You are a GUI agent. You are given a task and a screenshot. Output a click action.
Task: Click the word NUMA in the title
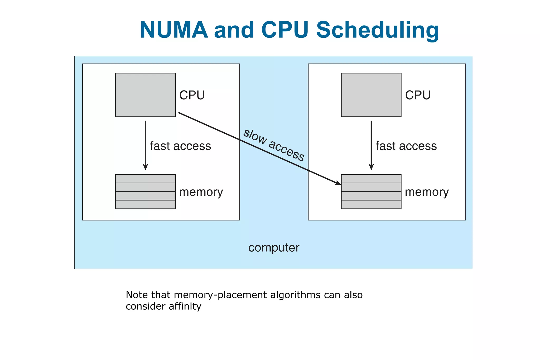pos(174,30)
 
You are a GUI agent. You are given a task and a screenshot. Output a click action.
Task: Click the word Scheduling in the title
pos(378,30)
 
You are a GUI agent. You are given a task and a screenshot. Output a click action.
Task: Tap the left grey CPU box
pos(145,95)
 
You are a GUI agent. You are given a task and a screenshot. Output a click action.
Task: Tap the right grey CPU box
pos(371,95)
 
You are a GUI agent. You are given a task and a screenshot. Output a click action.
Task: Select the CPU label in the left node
pos(192,95)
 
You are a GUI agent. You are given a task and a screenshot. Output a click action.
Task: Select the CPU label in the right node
pos(418,95)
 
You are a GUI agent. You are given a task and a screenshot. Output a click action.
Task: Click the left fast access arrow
pos(145,145)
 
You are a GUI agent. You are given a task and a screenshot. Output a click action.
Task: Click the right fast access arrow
pos(371,145)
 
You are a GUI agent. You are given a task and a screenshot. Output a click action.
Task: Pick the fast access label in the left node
pos(181,146)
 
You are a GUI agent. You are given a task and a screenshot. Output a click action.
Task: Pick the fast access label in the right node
pos(406,146)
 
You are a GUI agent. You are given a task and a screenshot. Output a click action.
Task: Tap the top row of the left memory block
pos(145,179)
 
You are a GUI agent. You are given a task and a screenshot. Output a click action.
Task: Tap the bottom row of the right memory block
pos(371,204)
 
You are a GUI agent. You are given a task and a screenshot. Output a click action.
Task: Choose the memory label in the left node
pos(201,192)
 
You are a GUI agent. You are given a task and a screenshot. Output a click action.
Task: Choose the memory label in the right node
pos(427,192)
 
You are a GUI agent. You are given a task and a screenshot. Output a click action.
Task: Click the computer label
pos(274,248)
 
